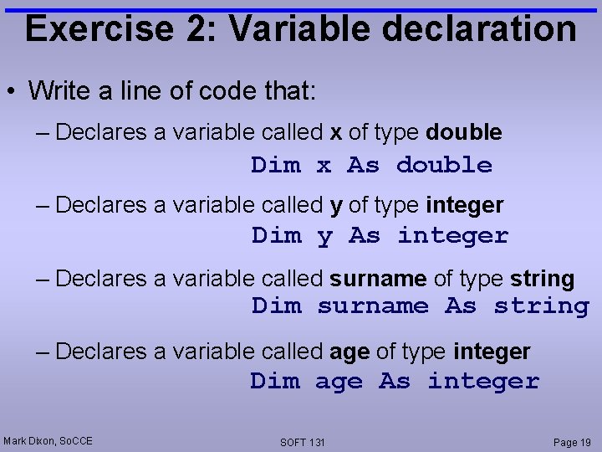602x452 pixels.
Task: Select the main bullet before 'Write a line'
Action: tap(14, 91)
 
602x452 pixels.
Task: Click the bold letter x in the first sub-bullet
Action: tap(335, 132)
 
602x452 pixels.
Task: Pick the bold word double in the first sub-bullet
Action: tap(464, 132)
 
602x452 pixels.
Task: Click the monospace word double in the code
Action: tap(444, 165)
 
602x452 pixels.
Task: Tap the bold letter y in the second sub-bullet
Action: tap(337, 205)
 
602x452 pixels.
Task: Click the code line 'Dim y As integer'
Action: tap(380, 236)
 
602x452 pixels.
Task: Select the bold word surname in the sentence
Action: tap(378, 279)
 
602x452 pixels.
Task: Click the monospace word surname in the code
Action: tap(372, 306)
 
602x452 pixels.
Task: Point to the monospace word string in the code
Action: tap(541, 306)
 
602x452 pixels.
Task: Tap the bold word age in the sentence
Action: tap(349, 353)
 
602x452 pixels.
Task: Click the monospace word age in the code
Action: tap(339, 382)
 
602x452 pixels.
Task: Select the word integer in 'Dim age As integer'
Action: tap(483, 382)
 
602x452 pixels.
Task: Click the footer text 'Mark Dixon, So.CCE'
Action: tap(48, 440)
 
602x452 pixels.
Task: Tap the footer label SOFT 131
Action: tap(303, 442)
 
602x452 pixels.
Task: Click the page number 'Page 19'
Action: tap(572, 441)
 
